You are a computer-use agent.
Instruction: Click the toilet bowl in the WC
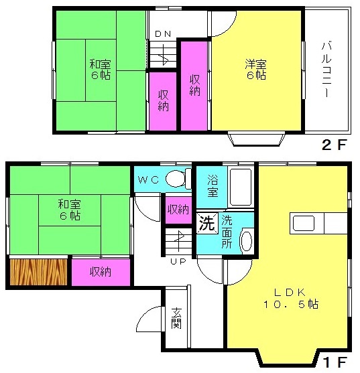click(x=176, y=179)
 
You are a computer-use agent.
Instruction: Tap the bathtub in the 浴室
click(x=241, y=187)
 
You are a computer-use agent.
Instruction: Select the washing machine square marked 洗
click(x=207, y=223)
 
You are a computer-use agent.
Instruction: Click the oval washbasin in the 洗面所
click(x=247, y=240)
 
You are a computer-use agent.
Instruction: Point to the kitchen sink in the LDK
click(x=303, y=223)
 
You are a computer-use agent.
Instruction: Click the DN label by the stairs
click(x=163, y=34)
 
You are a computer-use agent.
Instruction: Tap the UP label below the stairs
click(x=178, y=261)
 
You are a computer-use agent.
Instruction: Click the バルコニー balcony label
click(x=326, y=70)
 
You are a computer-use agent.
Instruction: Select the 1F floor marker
click(x=335, y=362)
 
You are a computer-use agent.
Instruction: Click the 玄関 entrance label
click(x=176, y=318)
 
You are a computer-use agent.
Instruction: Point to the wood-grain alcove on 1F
click(x=39, y=272)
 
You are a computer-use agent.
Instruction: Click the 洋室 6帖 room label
click(x=256, y=70)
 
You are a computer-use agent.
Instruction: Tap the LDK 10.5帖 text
click(x=291, y=298)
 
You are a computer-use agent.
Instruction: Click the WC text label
click(x=148, y=180)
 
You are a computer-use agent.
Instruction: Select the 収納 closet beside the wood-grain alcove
click(x=101, y=272)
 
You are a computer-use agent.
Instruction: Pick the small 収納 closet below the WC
click(x=178, y=210)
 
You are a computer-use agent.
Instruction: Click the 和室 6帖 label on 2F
click(x=100, y=70)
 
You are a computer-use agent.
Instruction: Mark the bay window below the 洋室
click(x=256, y=139)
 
